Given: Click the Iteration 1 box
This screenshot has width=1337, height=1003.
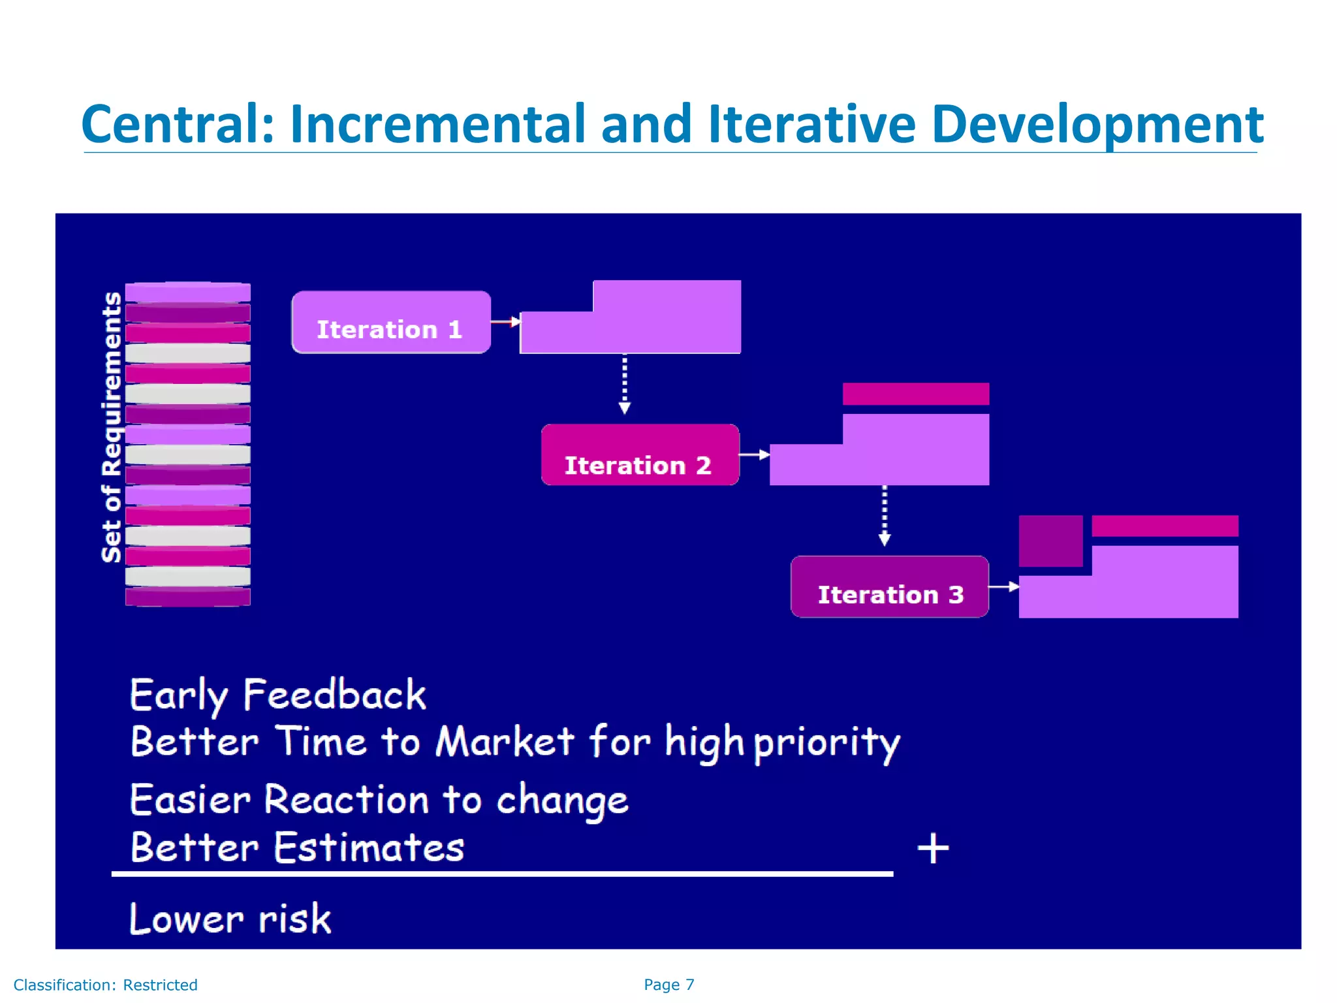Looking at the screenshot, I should tap(390, 323).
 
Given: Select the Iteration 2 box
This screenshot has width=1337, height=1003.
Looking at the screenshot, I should tap(640, 455).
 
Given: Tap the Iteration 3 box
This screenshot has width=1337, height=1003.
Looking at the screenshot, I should tap(889, 586).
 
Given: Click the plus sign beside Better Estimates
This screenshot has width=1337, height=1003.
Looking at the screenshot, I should tap(933, 848).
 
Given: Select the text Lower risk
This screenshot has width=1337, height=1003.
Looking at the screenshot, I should tap(230, 919).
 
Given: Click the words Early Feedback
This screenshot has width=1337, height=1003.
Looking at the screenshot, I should tap(277, 694).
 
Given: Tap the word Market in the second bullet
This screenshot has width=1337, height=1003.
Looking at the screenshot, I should tap(505, 742).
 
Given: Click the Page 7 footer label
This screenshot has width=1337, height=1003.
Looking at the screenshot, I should tap(668, 985).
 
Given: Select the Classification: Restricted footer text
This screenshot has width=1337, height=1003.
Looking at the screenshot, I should tap(105, 985).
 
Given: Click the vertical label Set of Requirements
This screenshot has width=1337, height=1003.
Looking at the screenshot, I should tap(112, 427).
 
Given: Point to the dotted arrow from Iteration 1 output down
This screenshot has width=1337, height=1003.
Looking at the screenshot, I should tap(625, 384).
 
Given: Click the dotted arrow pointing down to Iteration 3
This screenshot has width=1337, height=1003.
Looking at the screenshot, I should tap(885, 516).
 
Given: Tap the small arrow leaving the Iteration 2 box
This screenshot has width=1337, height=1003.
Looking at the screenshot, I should tap(755, 454).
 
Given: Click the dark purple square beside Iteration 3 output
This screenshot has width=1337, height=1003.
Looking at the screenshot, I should tap(1050, 541).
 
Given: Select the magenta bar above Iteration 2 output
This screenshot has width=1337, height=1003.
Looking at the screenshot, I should tap(915, 394).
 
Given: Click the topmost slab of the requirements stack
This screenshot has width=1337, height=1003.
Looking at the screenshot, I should tap(188, 292).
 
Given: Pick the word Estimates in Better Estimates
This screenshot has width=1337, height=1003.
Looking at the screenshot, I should tap(369, 848).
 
